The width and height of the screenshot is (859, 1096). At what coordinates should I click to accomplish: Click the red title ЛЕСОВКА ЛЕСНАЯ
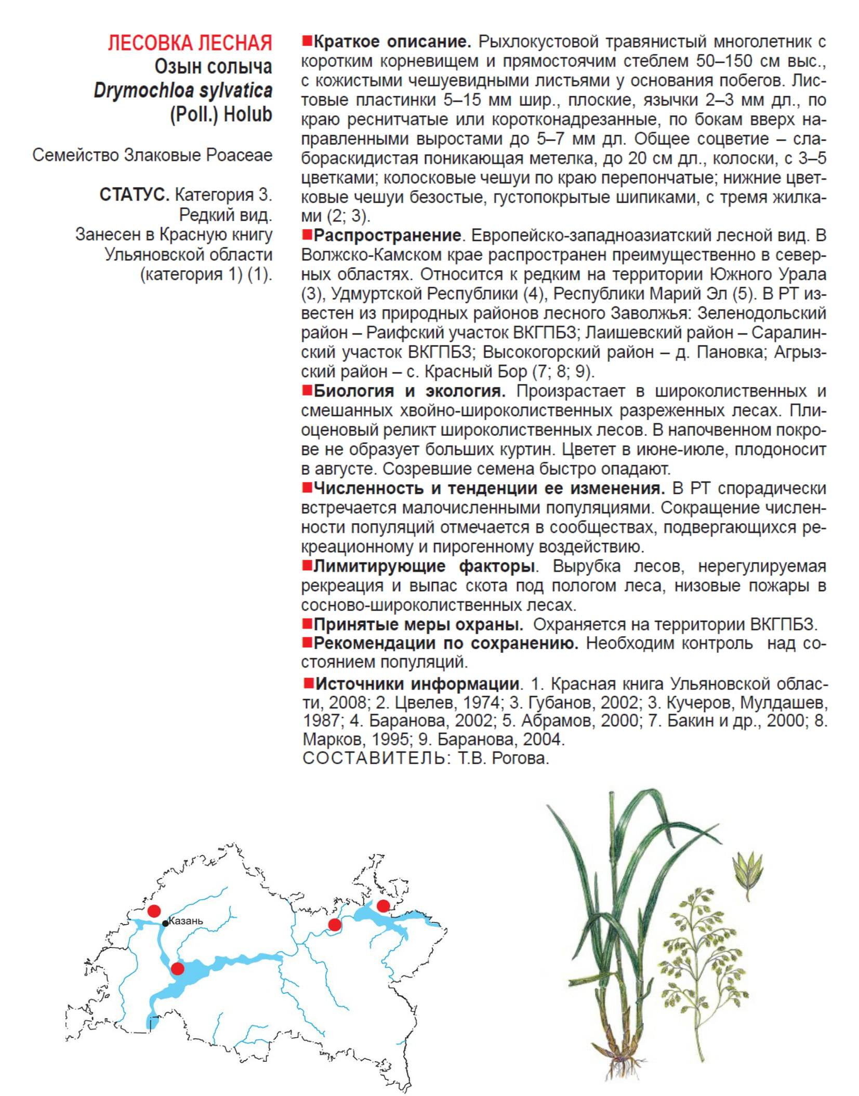(x=190, y=43)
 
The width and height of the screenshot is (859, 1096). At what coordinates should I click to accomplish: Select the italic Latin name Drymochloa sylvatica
(x=183, y=91)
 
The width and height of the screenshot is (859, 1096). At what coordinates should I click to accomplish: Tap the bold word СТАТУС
(x=134, y=195)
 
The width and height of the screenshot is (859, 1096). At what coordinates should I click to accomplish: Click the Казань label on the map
(x=186, y=921)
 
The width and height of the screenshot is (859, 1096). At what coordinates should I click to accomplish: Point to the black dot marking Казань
(x=165, y=923)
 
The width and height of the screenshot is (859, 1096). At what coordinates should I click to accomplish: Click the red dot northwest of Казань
(x=154, y=911)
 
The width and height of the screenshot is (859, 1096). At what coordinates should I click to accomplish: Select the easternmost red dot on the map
(x=383, y=906)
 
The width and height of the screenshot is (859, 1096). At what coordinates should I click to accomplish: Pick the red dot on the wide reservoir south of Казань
(x=178, y=969)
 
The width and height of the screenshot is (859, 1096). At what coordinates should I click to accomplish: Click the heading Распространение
(x=387, y=235)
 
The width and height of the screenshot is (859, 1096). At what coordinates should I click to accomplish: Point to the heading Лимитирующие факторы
(x=424, y=566)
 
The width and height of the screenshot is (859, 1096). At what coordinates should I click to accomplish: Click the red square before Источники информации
(x=307, y=683)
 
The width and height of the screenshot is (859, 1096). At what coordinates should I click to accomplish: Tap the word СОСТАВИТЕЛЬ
(x=374, y=758)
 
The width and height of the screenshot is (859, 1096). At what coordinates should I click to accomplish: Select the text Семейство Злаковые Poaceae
(x=152, y=155)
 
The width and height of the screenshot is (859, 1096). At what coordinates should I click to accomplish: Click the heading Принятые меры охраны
(x=418, y=624)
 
